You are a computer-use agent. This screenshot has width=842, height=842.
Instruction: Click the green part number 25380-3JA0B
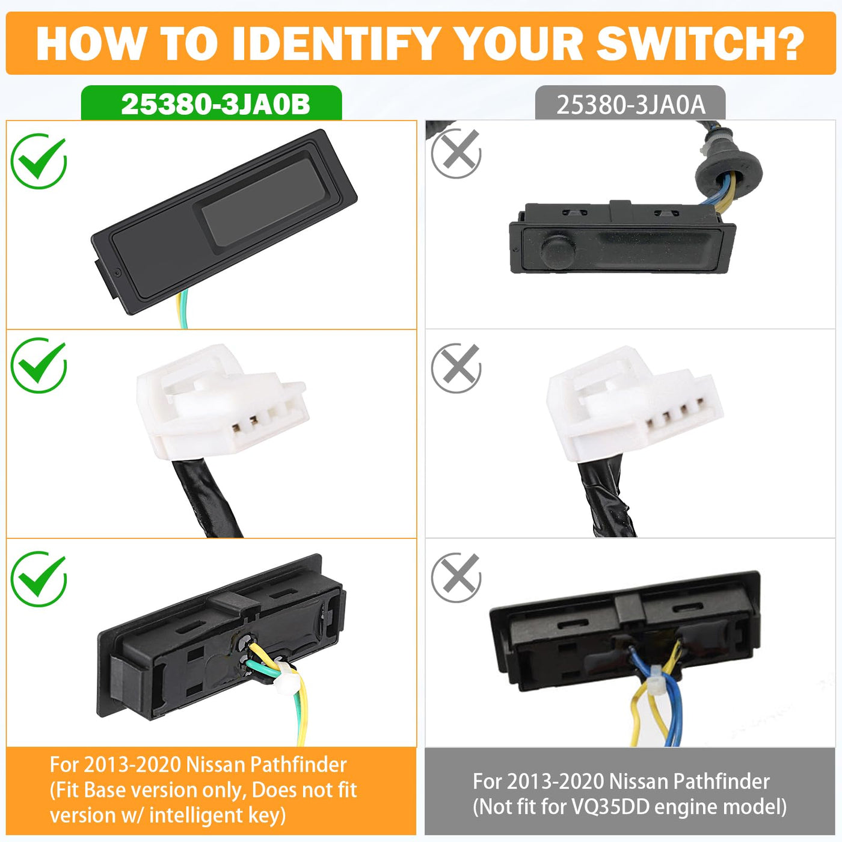coord(215,105)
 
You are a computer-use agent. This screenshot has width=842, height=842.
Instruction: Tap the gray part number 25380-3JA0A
coord(631,105)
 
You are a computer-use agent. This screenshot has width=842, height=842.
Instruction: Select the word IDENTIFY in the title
coord(335,44)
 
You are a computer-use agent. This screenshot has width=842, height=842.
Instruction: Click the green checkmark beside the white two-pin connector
coord(39,365)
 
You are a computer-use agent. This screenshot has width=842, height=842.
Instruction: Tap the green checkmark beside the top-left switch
coord(39,161)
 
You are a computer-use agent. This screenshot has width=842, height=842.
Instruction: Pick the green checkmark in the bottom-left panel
coord(39,579)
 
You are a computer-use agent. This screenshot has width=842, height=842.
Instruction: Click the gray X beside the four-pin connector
coord(456,368)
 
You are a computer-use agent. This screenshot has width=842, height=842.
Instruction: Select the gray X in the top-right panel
coord(456,153)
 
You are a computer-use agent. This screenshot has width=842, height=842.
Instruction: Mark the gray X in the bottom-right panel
coord(456,578)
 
